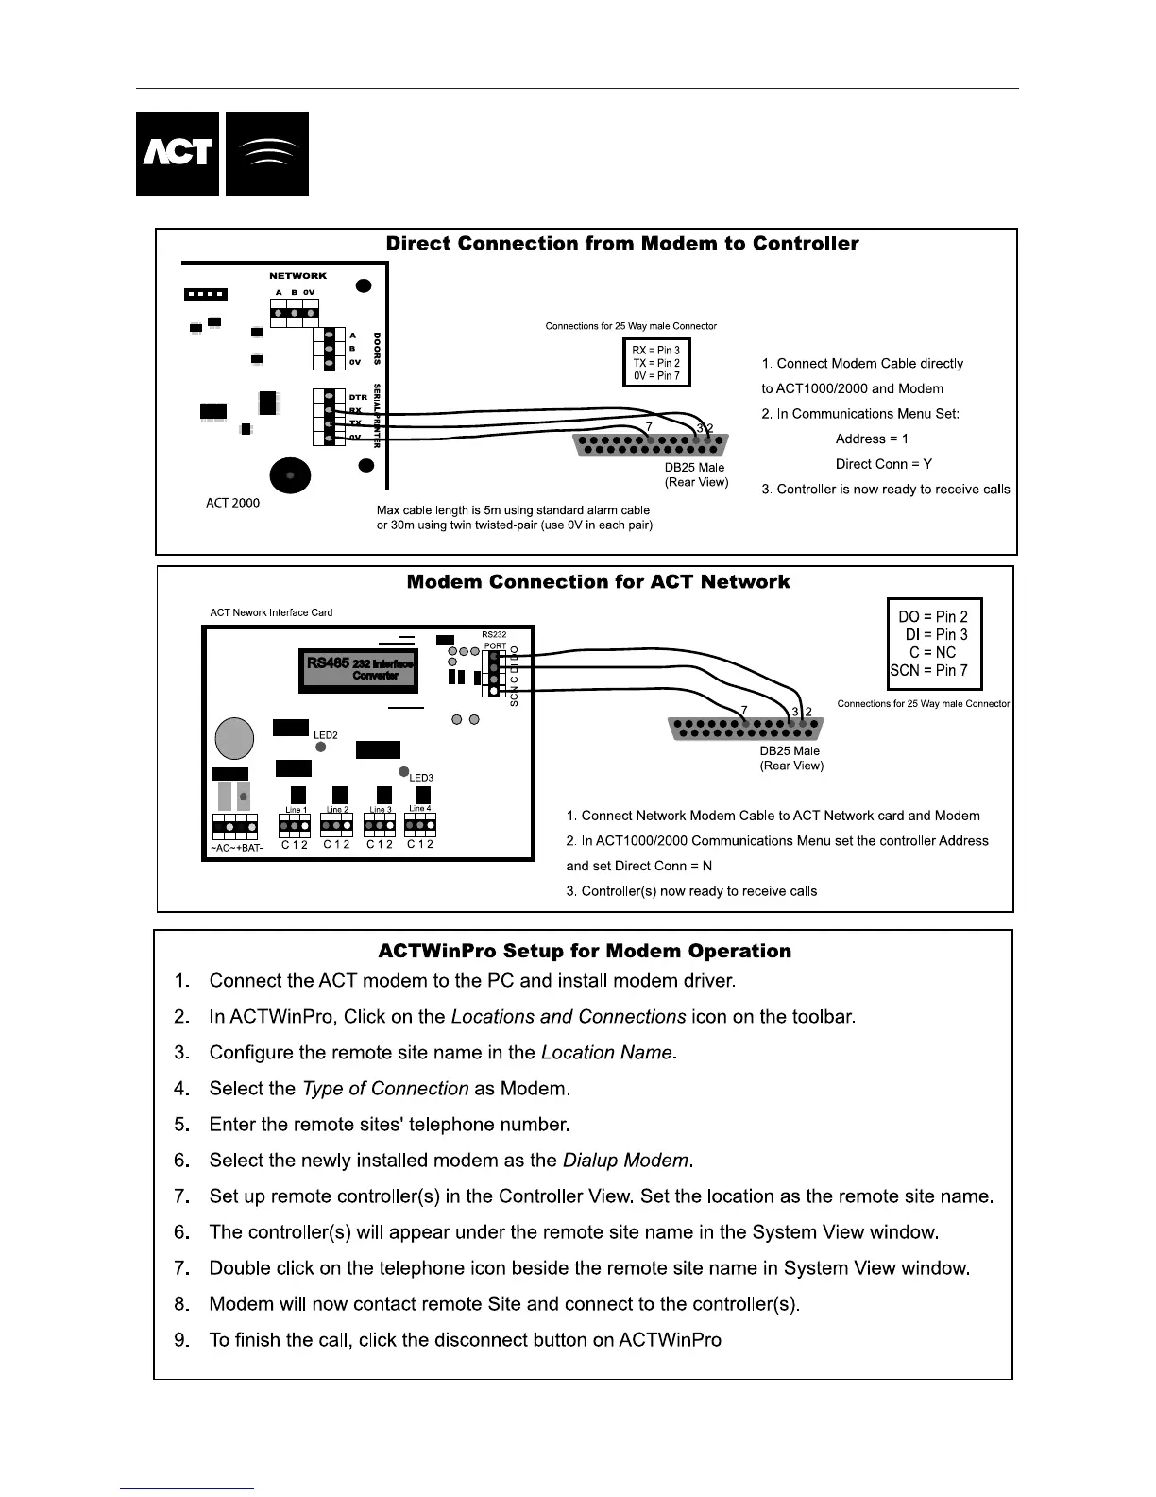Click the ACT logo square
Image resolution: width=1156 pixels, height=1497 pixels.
click(178, 153)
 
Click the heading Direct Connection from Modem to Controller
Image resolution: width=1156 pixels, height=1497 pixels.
click(622, 244)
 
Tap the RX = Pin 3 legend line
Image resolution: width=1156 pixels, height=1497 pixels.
click(655, 351)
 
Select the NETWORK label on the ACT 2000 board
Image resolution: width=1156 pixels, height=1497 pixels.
click(297, 276)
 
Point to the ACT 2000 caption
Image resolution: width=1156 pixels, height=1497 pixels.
click(232, 503)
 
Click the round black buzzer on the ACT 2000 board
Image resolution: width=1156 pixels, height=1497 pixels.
click(290, 475)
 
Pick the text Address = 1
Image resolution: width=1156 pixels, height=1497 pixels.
click(872, 439)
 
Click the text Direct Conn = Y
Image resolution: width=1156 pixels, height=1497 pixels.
click(883, 464)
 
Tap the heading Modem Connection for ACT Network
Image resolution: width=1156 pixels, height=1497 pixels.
click(598, 582)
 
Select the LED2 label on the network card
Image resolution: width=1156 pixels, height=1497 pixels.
click(326, 735)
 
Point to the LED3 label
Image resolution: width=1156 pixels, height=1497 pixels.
click(421, 778)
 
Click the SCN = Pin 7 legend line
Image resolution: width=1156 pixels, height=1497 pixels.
click(928, 670)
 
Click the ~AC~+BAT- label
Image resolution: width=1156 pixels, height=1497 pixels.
click(236, 847)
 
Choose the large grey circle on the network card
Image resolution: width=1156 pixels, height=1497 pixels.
click(234, 738)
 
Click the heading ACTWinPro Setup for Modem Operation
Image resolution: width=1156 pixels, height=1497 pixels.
click(585, 952)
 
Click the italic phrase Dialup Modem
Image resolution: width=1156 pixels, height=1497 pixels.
click(627, 1161)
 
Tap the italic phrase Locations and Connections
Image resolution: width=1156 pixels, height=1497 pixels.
click(569, 1017)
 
